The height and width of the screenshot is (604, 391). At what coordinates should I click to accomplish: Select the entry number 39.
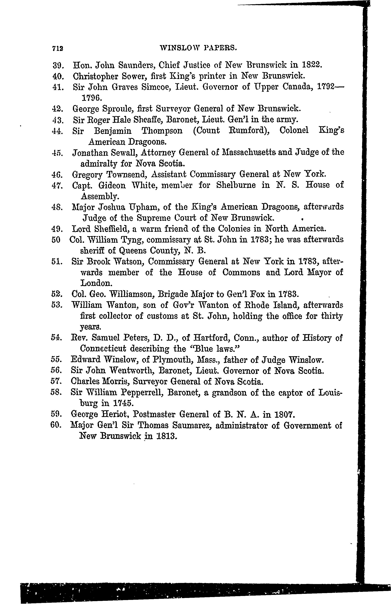coord(57,65)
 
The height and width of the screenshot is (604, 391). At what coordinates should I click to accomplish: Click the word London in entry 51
coord(95,283)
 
